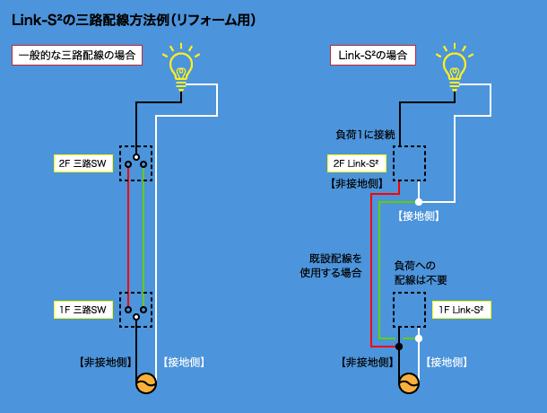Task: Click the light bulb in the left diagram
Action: [x=182, y=68]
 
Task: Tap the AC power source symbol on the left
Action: [x=145, y=383]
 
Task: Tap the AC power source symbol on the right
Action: [x=409, y=383]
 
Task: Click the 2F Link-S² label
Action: [x=359, y=163]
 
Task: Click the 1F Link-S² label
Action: [x=461, y=310]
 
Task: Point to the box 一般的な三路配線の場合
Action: [x=77, y=55]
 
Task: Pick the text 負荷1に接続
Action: [x=365, y=135]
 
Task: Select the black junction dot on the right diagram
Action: [x=399, y=346]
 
